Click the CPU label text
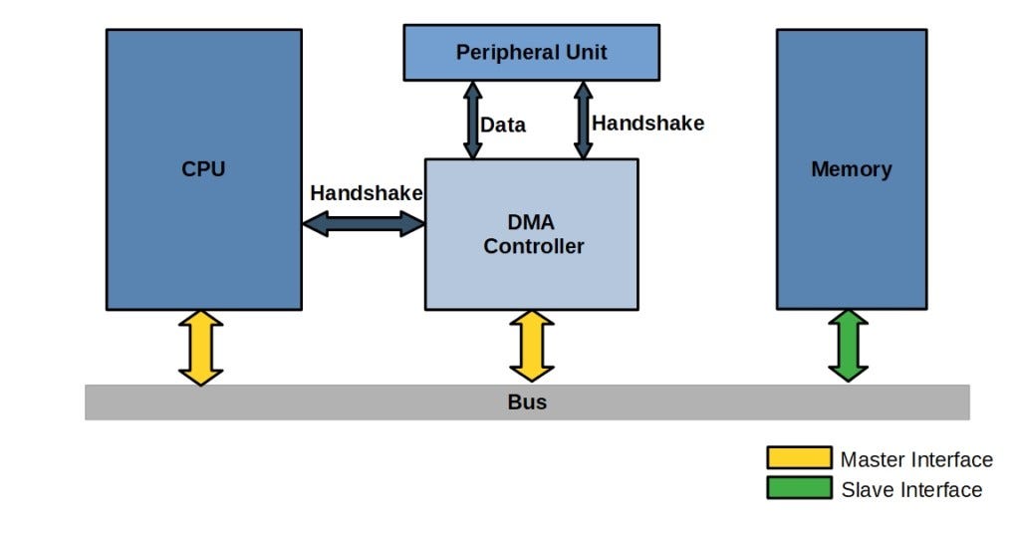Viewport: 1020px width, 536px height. pos(203,168)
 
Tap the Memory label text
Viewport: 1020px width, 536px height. pos(851,168)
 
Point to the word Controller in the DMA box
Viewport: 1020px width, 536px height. pos(534,246)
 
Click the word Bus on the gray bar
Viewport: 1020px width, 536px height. pos(527,402)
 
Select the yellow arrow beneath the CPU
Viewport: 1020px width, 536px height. pos(200,348)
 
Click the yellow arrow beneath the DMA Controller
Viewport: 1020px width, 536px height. pos(531,346)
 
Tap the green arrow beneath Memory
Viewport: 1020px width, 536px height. pos(848,346)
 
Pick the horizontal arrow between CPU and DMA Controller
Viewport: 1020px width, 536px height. pos(364,224)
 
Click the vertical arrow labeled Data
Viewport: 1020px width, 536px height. pos(472,120)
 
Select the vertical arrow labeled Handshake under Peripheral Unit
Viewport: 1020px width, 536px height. pos(583,120)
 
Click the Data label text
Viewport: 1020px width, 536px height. pos(503,126)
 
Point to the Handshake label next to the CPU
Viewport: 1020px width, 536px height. pos(366,193)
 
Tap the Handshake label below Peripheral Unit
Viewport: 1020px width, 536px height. pos(647,124)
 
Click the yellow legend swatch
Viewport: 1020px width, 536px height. pos(798,458)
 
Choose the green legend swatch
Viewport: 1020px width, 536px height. pos(798,488)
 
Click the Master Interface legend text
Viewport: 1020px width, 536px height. pos(916,459)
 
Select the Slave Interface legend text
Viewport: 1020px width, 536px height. pos(911,489)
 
